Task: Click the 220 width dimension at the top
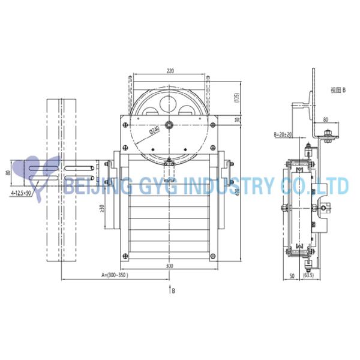(x=170, y=71)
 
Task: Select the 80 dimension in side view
(x=325, y=119)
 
